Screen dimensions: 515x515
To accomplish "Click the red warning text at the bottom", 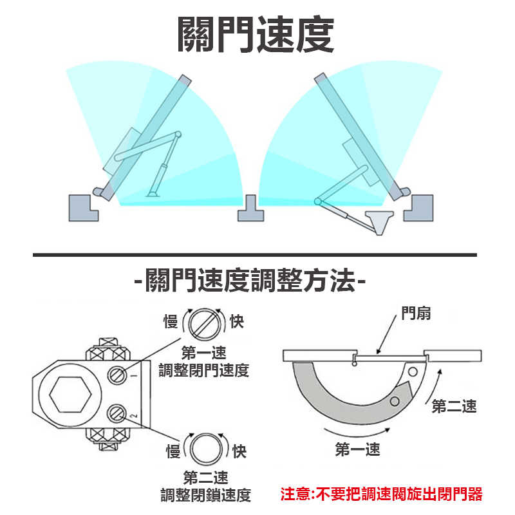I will tap(381, 494).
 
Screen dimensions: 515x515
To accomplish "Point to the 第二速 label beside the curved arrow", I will tap(454, 406).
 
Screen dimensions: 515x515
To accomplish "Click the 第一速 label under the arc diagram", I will tap(357, 449).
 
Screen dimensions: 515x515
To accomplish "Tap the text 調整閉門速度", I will tap(204, 371).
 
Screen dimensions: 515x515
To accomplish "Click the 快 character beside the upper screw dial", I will tap(237, 321).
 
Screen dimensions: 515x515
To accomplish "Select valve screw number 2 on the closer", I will tap(117, 412).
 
